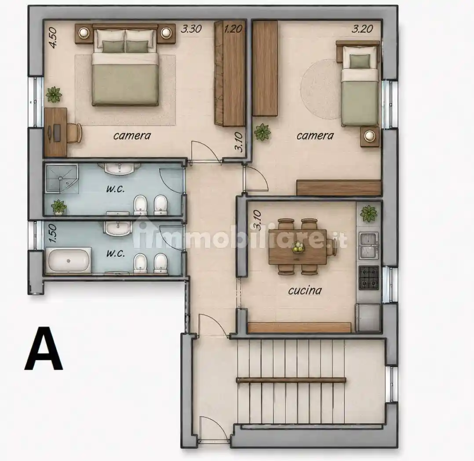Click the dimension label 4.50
(x=53, y=38)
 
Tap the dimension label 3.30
(x=191, y=29)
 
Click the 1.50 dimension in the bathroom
(x=53, y=233)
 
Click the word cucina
(x=305, y=290)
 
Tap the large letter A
(x=44, y=348)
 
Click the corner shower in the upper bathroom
(x=62, y=178)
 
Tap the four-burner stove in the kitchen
(x=369, y=277)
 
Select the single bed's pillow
(x=360, y=61)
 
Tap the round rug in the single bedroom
(x=321, y=89)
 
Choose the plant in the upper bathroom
(x=58, y=207)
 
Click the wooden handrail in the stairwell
(x=291, y=380)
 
